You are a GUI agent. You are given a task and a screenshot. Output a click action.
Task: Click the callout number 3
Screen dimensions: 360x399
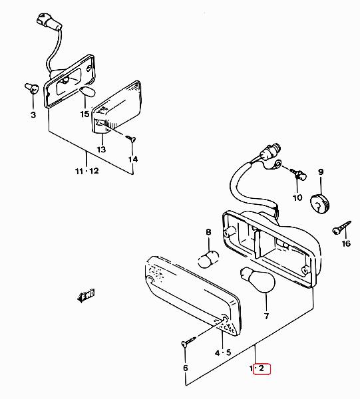tap(33, 115)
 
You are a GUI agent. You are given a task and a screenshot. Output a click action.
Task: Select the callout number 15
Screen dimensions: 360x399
tap(85, 114)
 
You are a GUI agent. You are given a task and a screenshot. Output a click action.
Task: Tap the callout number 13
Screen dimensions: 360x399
tap(101, 150)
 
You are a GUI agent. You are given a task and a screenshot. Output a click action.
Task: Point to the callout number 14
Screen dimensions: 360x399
tap(132, 160)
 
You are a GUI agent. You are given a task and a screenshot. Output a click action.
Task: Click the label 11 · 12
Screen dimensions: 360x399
tap(87, 172)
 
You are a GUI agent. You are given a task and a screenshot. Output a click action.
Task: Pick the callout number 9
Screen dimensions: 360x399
tap(321, 172)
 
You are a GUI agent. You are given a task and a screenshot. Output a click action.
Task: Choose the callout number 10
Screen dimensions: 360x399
tap(297, 198)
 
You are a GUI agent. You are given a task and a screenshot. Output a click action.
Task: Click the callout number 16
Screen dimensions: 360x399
tap(346, 244)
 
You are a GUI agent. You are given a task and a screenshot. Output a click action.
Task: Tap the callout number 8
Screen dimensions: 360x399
tap(208, 232)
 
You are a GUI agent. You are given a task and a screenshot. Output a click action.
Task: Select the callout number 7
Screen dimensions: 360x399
tap(266, 317)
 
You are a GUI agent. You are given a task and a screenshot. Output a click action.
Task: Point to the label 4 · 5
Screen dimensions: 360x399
tap(223, 352)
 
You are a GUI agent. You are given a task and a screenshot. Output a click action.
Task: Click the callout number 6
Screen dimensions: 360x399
tap(186, 368)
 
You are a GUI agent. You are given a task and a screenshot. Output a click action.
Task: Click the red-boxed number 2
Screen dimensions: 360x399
tap(262, 368)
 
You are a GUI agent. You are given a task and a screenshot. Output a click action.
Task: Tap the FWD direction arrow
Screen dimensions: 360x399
tap(86, 296)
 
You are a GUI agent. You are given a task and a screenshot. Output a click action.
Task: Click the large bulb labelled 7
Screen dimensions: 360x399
tap(258, 280)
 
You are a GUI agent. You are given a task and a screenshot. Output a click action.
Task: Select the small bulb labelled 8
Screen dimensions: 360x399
tap(208, 259)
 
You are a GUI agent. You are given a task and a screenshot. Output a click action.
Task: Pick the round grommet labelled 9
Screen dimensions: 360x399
tap(319, 203)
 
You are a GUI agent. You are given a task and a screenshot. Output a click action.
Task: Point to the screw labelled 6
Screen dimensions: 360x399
tap(188, 341)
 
